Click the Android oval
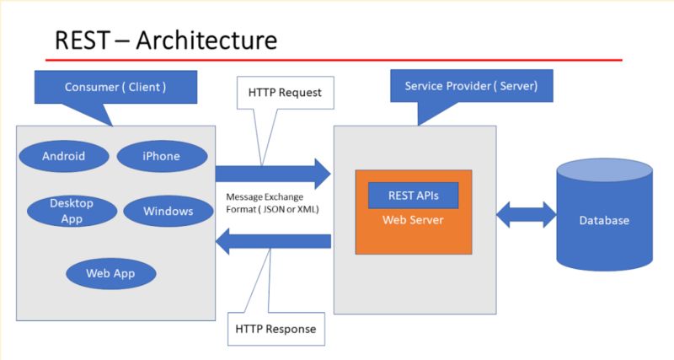click(64, 156)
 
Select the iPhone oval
click(161, 156)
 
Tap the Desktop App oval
click(72, 210)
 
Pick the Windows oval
click(168, 211)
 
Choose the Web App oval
click(110, 273)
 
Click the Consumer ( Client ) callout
click(115, 88)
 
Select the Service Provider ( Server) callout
click(471, 87)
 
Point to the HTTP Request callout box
click(286, 94)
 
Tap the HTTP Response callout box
click(276, 329)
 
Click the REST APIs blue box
click(413, 196)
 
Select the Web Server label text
click(413, 220)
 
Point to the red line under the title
click(337, 61)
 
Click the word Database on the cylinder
click(604, 221)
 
